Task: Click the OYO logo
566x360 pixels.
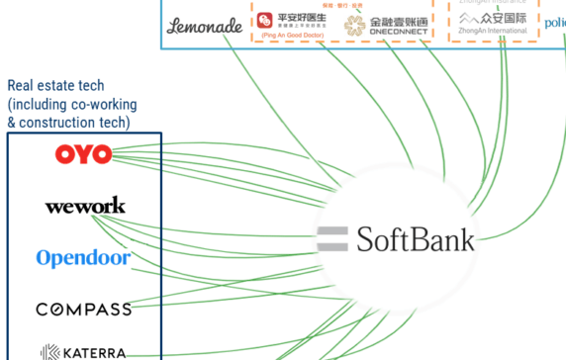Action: pos(83,154)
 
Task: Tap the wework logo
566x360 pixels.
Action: pos(85,207)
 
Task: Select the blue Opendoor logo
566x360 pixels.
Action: pos(84,258)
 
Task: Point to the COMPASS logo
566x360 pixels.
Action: pos(84,310)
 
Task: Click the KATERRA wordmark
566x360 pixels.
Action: pos(96,351)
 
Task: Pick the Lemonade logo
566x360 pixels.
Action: pos(205,26)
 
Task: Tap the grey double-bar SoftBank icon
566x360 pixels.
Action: pos(331,238)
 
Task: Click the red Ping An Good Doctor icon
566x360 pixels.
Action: pos(264,20)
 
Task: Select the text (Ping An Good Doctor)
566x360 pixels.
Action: pos(293,37)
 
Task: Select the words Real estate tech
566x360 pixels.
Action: pos(55,87)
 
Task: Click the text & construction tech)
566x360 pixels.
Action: pos(68,122)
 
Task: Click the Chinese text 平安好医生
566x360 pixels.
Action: pos(303,16)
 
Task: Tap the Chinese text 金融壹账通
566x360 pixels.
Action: pos(399,18)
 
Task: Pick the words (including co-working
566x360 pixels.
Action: pos(72,104)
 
